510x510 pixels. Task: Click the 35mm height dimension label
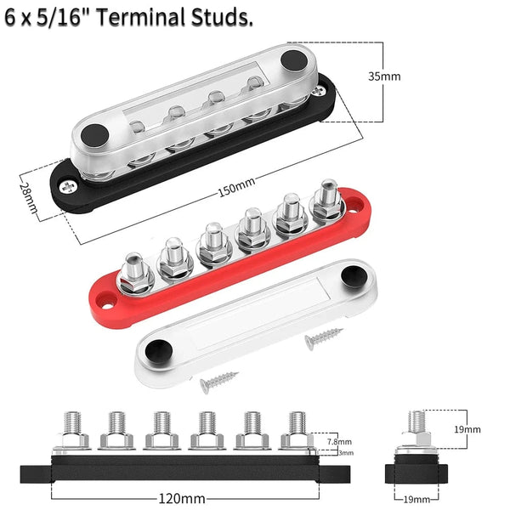384,76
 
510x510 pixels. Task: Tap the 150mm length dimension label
236,188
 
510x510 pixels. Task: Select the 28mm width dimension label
28,198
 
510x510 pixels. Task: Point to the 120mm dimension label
182,498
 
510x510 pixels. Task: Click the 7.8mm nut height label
339,441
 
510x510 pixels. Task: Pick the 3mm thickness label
346,453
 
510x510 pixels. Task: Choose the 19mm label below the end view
416,499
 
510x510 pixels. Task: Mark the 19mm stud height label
467,429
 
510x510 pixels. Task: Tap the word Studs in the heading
222,17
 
